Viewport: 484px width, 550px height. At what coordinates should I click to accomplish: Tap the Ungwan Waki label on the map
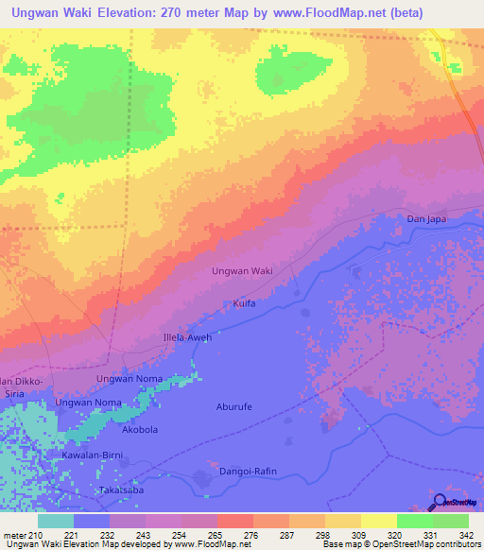tap(242, 271)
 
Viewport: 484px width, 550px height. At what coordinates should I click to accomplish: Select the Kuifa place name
tap(244, 303)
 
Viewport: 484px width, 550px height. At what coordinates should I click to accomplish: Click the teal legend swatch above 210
tap(55, 521)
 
